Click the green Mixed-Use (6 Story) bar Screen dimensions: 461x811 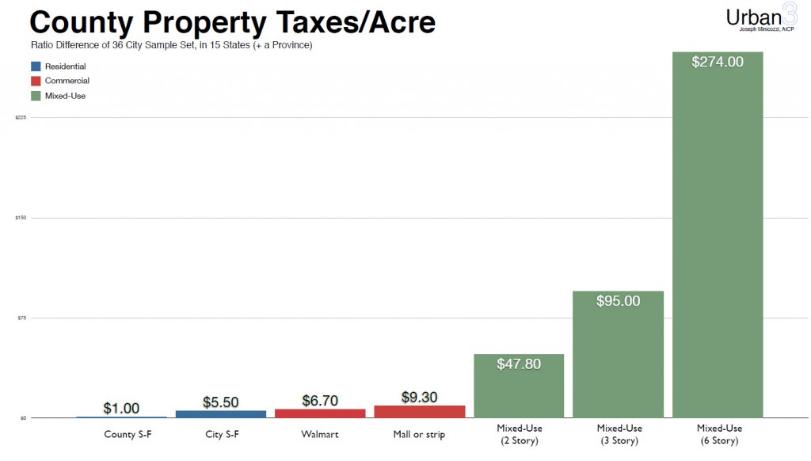tap(717, 238)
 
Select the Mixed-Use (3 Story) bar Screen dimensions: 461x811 tap(618, 356)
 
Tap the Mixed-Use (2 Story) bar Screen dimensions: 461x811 tap(519, 388)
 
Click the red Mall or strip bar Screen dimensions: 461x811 tap(419, 411)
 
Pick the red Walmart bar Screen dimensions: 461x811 tap(320, 413)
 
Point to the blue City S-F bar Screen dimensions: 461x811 tap(221, 413)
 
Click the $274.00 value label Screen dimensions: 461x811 tap(717, 62)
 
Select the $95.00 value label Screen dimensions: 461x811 tap(618, 301)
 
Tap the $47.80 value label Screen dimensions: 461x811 tap(519, 364)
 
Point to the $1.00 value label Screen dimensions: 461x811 tap(121, 409)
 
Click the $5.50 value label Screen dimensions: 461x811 tap(221, 402)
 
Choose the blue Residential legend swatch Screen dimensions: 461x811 tap(36, 67)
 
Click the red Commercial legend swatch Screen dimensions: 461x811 tap(36, 81)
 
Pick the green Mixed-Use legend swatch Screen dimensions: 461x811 tap(36, 96)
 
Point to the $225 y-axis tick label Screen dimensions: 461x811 tap(21, 117)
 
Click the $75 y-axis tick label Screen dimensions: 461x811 tap(21, 318)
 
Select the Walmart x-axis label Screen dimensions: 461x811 tap(320, 434)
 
